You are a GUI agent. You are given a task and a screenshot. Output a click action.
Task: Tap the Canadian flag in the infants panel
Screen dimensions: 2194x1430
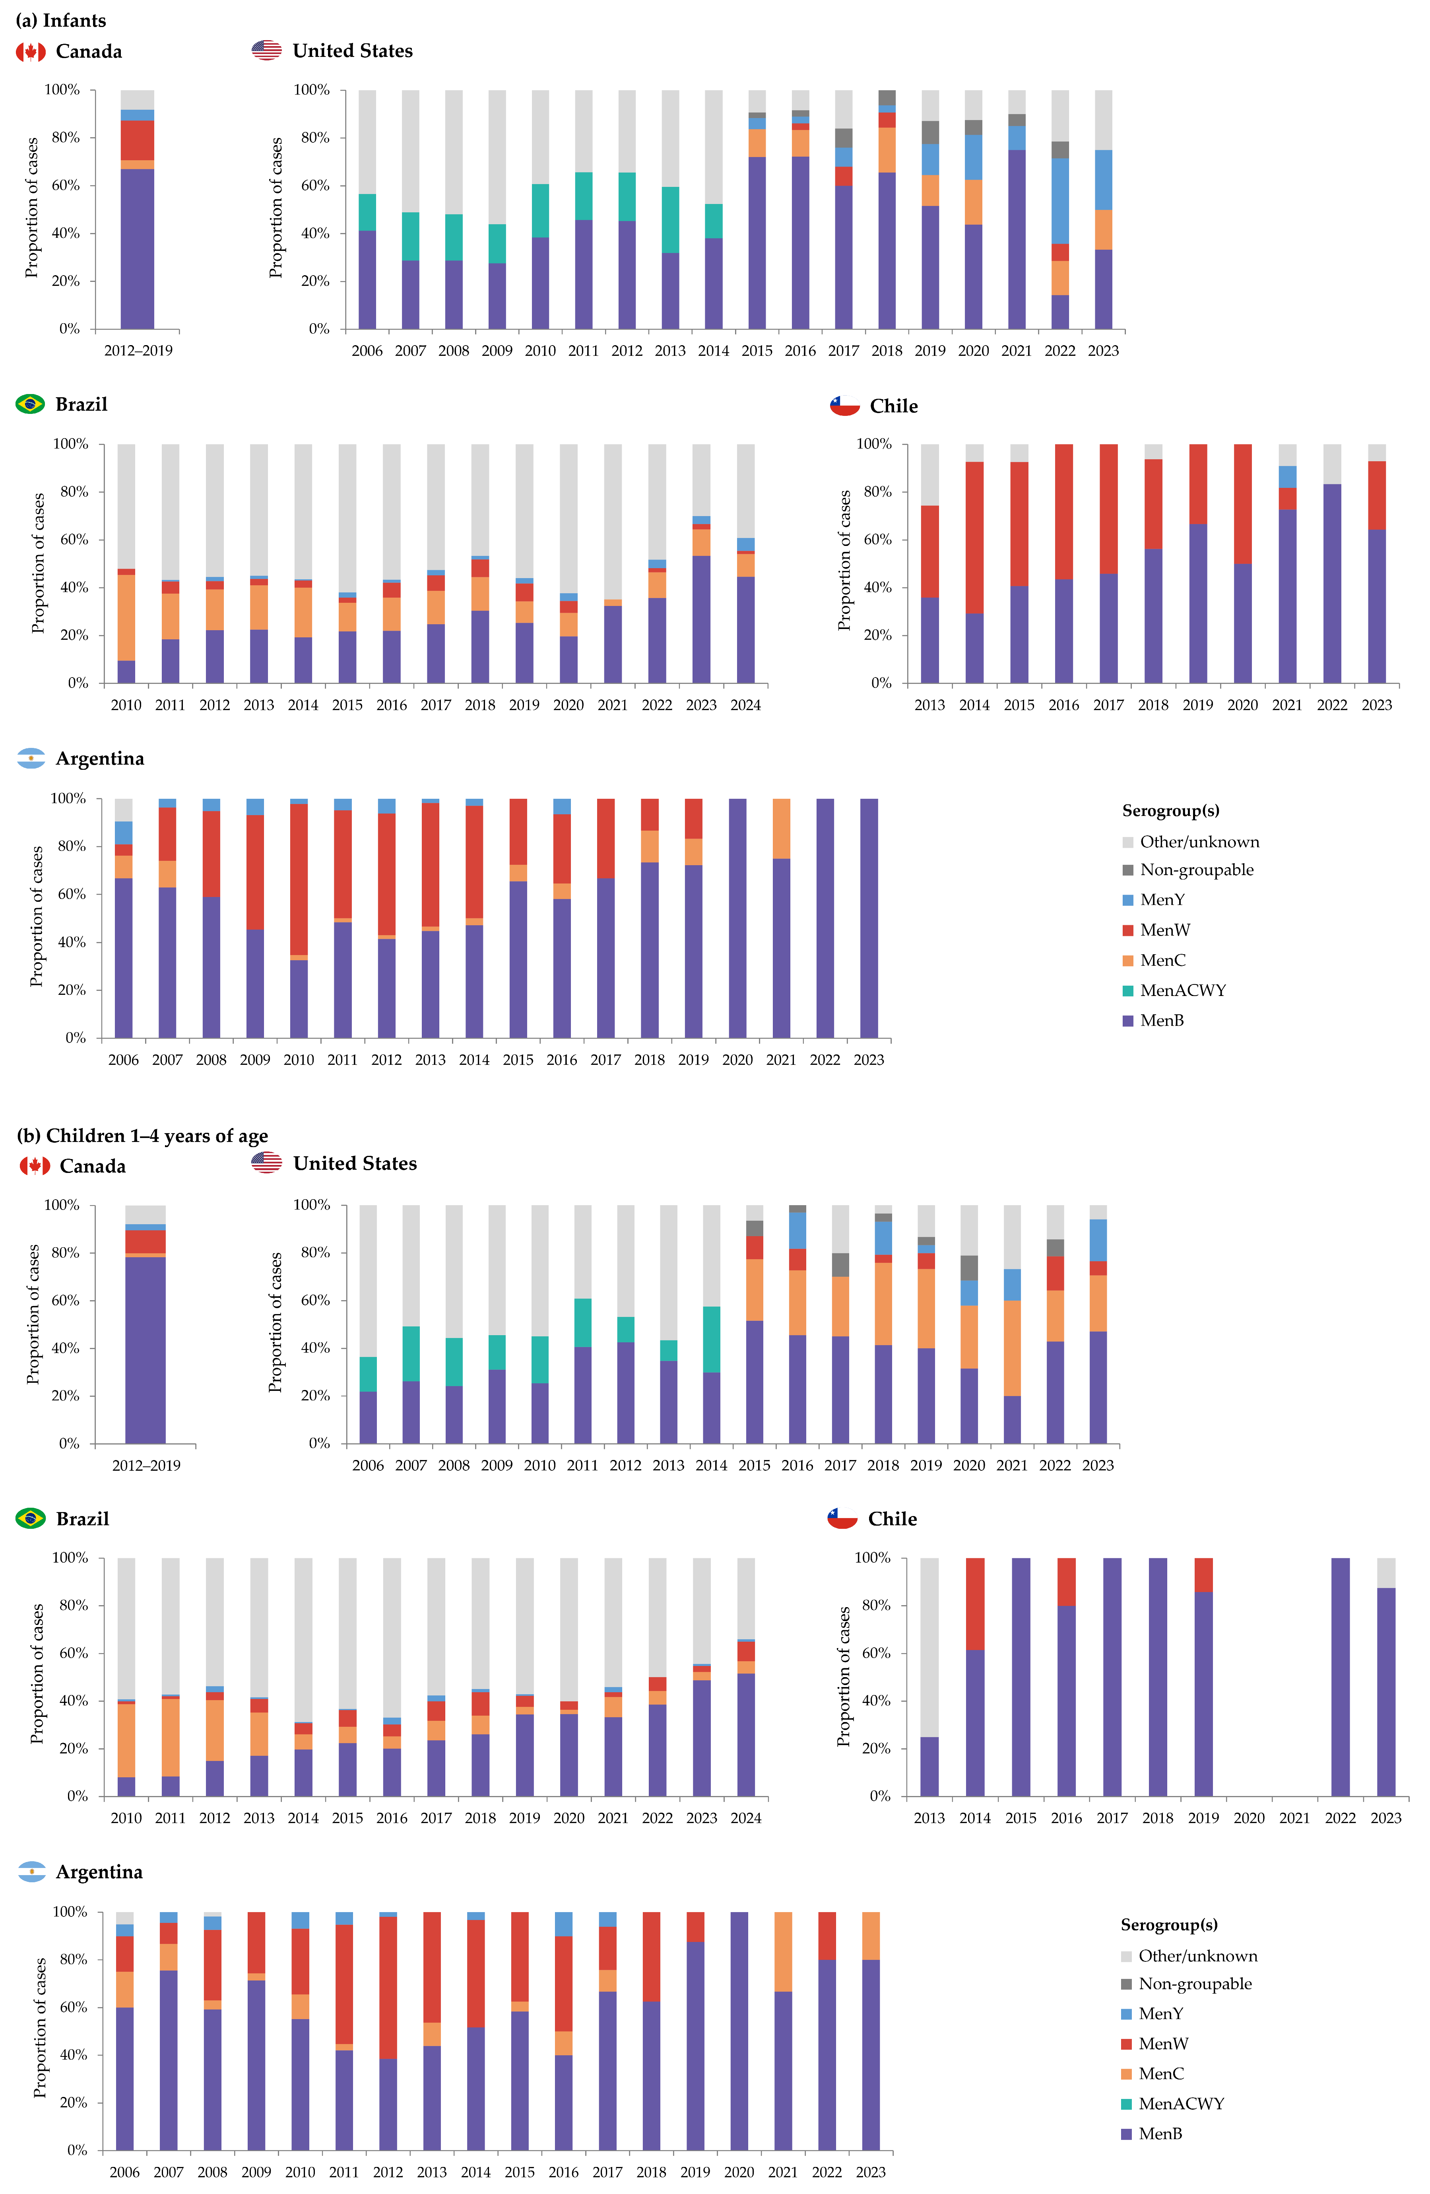pyautogui.click(x=31, y=52)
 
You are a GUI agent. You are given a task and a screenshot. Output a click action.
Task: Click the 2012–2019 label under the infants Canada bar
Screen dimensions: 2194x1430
pyautogui.click(x=138, y=350)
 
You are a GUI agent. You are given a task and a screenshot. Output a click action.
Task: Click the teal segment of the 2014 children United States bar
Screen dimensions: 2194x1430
pyautogui.click(x=711, y=1340)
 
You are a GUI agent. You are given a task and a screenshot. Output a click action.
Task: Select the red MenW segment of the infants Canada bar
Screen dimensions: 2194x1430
pyautogui.click(x=138, y=140)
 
